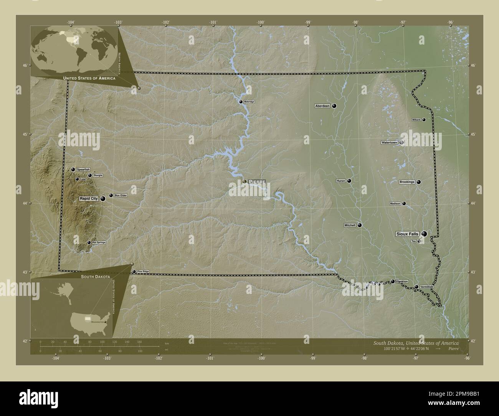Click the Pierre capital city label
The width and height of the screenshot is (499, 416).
tap(257, 182)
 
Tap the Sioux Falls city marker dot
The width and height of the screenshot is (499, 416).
tap(424, 234)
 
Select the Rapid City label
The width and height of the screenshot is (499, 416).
tap(89, 198)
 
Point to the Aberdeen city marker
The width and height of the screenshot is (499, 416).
tap(334, 106)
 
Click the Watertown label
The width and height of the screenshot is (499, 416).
tap(389, 142)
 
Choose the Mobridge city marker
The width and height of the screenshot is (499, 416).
tap(241, 102)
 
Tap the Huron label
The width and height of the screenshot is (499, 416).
tap(341, 181)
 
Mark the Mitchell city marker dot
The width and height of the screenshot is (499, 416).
tap(360, 225)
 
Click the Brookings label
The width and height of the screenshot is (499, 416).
tap(407, 182)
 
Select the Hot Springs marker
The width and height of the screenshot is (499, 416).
tap(89, 243)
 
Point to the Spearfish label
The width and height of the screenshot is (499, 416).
tap(83, 169)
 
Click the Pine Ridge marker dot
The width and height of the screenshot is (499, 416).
tap(134, 272)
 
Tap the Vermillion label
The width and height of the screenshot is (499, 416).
tap(426, 287)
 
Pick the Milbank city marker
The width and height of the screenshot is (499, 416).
tap(424, 120)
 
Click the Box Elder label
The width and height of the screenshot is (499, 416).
tap(121, 195)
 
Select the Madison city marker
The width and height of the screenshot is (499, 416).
tap(404, 203)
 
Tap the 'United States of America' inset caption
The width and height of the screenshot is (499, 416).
tap(89, 78)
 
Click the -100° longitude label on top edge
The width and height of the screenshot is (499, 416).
tap(261, 23)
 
